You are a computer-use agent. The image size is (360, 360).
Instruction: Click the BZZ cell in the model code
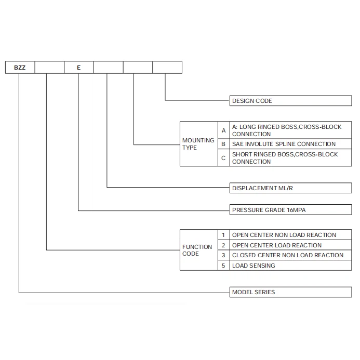[20, 67]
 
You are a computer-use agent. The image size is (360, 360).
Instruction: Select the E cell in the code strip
[79, 67]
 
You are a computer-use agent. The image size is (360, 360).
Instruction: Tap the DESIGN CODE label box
[291, 101]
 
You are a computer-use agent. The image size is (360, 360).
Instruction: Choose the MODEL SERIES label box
[291, 292]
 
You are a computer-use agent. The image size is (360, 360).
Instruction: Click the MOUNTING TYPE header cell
[199, 144]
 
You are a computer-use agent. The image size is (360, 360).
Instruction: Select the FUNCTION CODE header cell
[199, 250]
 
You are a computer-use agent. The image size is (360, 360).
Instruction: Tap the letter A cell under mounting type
[224, 130]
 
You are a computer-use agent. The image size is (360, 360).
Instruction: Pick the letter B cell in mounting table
[224, 144]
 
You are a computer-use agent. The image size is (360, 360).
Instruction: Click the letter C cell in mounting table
[224, 158]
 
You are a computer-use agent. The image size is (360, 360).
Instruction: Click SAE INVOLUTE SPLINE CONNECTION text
[284, 144]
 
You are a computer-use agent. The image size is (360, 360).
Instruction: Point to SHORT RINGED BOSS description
[285, 158]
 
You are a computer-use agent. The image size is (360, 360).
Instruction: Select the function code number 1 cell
[224, 235]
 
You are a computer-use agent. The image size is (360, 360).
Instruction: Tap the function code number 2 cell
[224, 245]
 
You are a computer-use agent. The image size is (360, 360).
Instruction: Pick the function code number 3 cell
[224, 255]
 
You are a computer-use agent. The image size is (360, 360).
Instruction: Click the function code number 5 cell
[224, 265]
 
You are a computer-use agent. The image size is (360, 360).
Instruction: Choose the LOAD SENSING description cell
[291, 265]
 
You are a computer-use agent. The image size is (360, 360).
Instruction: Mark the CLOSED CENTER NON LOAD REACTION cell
[291, 255]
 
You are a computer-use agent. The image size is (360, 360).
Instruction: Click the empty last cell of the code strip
[167, 67]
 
